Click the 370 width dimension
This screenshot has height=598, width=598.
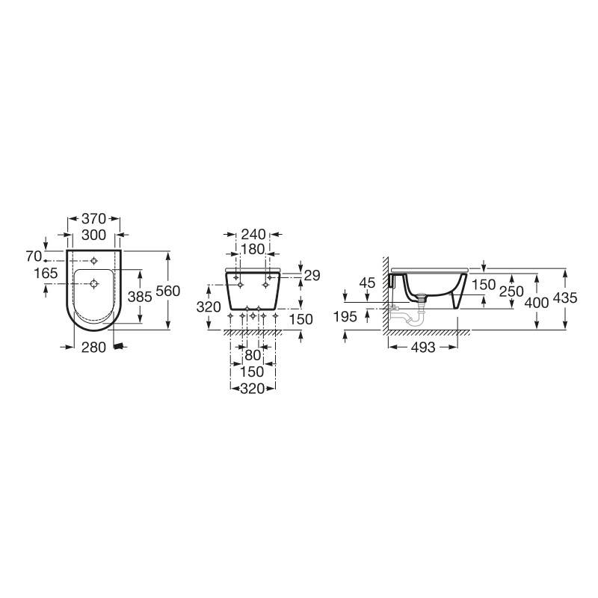coord(93,219)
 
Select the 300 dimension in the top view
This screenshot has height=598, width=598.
coord(93,235)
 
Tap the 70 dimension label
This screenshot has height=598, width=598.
coord(34,256)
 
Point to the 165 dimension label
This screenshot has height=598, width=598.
coord(46,273)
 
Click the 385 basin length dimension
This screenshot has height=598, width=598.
coord(140,296)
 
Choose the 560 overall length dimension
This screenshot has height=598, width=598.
coord(167,291)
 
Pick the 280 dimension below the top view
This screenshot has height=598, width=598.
coord(93,348)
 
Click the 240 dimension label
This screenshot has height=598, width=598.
coord(253,234)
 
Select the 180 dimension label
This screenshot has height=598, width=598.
coord(253,249)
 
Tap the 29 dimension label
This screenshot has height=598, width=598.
coord(312,275)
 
